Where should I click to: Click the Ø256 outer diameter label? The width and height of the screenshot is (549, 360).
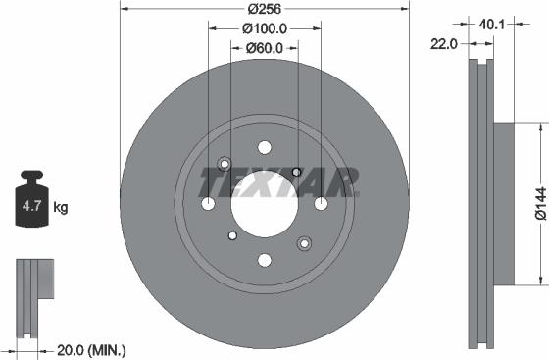tap(264, 9)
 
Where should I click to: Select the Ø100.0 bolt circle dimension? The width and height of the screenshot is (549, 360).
tap(264, 28)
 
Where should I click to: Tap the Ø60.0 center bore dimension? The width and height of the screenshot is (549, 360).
tap(264, 47)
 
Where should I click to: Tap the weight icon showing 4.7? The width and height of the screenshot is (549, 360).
tap(32, 205)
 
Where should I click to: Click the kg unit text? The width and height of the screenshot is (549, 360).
tap(61, 207)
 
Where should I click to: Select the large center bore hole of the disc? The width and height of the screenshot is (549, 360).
tap(264, 203)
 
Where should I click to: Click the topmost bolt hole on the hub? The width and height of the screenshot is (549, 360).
tap(264, 147)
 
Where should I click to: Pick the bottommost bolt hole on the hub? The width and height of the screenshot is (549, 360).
tap(264, 260)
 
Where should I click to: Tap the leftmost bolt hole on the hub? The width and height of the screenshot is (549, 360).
tap(208, 203)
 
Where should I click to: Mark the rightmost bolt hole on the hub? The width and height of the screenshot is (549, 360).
tap(321, 203)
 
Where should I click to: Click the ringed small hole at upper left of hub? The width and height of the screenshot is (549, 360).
tap(225, 164)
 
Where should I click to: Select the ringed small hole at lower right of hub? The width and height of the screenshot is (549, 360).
tap(304, 243)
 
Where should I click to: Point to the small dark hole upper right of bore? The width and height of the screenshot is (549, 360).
tap(296, 172)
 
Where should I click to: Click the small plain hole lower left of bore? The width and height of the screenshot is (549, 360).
tap(231, 235)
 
